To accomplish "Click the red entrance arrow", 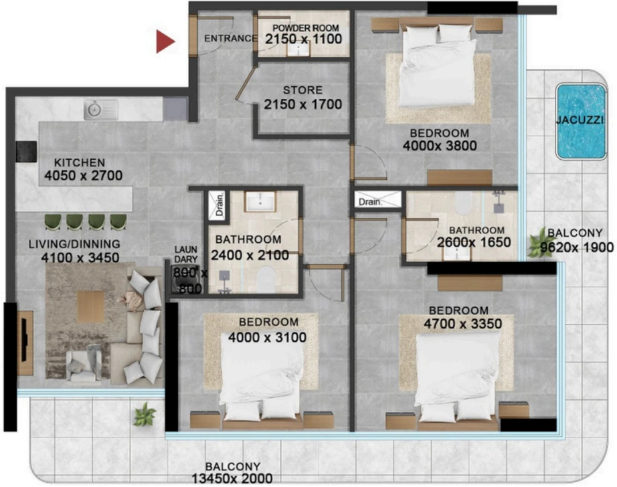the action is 165,41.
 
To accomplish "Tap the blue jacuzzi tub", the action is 580,121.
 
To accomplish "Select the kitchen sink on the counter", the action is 101,109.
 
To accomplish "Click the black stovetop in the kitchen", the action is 26,151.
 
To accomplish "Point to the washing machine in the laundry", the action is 184,280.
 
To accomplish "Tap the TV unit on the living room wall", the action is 25,343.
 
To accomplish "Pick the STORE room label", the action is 302,90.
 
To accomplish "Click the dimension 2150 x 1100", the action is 303,39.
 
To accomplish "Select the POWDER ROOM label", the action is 306,28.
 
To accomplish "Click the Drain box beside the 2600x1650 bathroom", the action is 377,199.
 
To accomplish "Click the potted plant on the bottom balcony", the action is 145,414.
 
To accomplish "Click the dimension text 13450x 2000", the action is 232,478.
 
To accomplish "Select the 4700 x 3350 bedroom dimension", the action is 463,324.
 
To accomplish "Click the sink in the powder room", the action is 298,48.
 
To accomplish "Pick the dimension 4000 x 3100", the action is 267,337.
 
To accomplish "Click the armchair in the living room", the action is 84,365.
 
